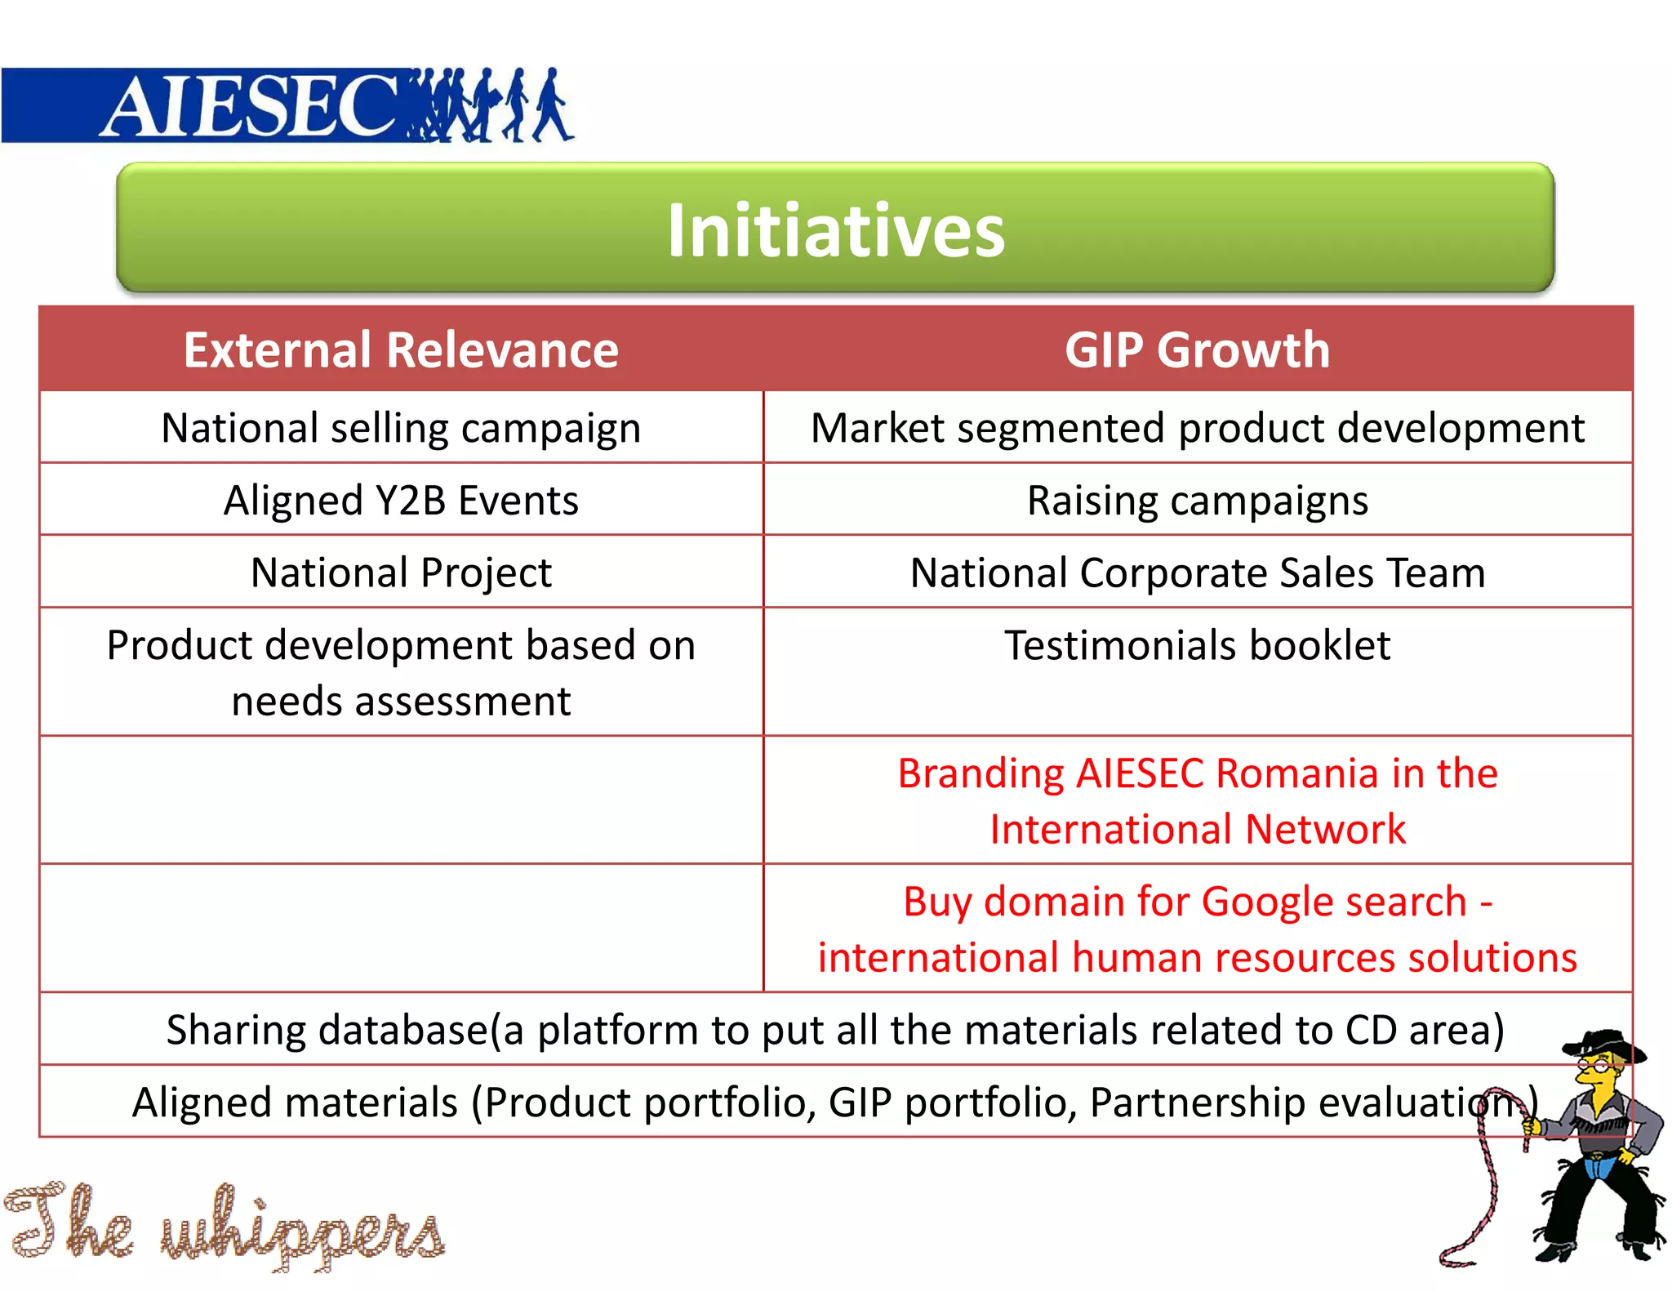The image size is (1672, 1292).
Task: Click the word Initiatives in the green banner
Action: pyautogui.click(x=835, y=231)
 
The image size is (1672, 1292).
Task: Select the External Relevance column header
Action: pyautogui.click(x=401, y=350)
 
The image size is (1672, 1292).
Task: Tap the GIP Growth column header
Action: pyautogui.click(x=1197, y=350)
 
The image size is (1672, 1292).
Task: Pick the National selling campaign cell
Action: pyautogui.click(x=401, y=428)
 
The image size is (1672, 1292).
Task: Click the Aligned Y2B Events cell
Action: pyautogui.click(x=401, y=501)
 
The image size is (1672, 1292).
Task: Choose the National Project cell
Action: pyautogui.click(x=401, y=572)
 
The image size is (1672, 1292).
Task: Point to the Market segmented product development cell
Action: pyautogui.click(x=1197, y=428)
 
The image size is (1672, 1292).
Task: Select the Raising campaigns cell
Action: pyautogui.click(x=1197, y=501)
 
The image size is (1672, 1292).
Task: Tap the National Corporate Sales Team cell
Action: pyautogui.click(x=1197, y=572)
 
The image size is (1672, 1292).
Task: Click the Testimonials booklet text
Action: pyautogui.click(x=1197, y=645)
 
